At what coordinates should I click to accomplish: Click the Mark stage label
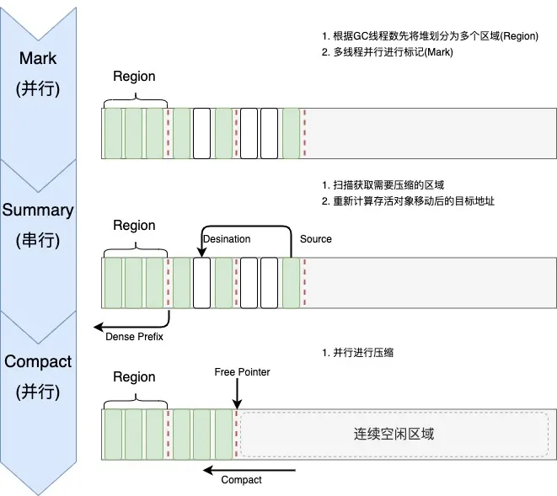(x=38, y=58)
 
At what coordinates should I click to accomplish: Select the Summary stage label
(x=38, y=210)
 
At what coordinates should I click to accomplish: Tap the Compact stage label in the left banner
(x=38, y=361)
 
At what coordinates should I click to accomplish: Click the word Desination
(x=227, y=239)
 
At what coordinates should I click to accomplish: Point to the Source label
(x=316, y=239)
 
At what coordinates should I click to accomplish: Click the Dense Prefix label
(x=134, y=338)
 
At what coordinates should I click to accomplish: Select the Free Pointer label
(x=243, y=371)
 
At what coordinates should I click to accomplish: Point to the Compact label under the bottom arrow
(x=241, y=480)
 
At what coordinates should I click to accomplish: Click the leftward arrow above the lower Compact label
(x=251, y=469)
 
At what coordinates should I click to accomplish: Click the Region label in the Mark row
(x=134, y=77)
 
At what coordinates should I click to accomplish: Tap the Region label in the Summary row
(x=134, y=226)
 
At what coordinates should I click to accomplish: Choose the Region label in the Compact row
(x=134, y=377)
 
